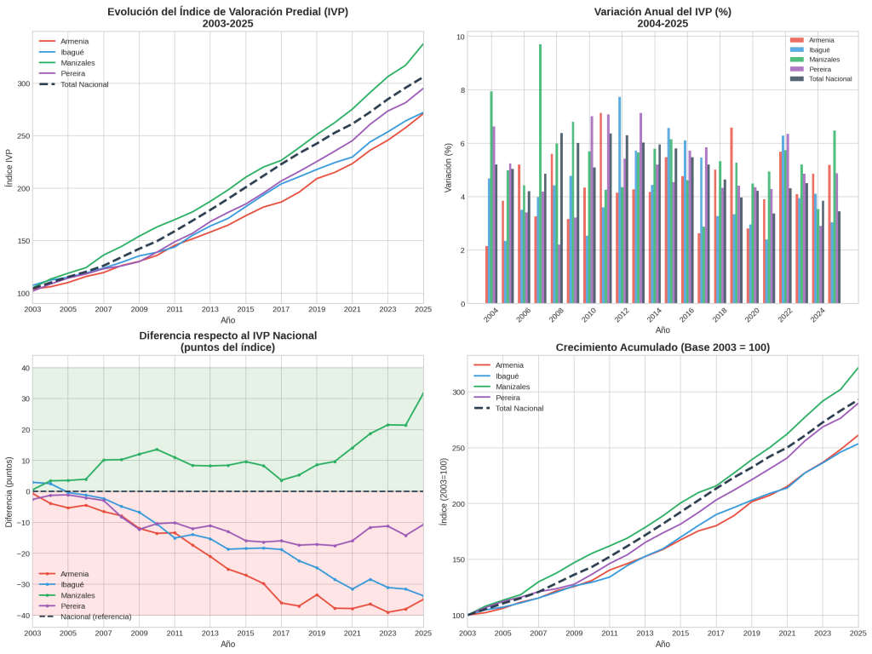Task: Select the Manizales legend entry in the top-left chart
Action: pyautogui.click(x=77, y=63)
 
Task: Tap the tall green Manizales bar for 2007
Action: pyautogui.click(x=540, y=174)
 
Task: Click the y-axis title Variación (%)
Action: pyautogui.click(x=448, y=167)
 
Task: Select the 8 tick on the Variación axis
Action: pyautogui.click(x=460, y=90)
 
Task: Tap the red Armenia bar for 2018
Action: pyautogui.click(x=731, y=215)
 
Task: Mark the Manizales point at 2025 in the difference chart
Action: pyautogui.click(x=423, y=393)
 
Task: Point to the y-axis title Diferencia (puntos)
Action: pyautogui.click(x=9, y=491)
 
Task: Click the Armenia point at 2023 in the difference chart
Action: pyautogui.click(x=388, y=612)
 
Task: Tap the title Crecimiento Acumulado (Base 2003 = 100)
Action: pyautogui.click(x=663, y=347)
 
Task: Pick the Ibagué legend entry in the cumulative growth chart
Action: pyautogui.click(x=508, y=376)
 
